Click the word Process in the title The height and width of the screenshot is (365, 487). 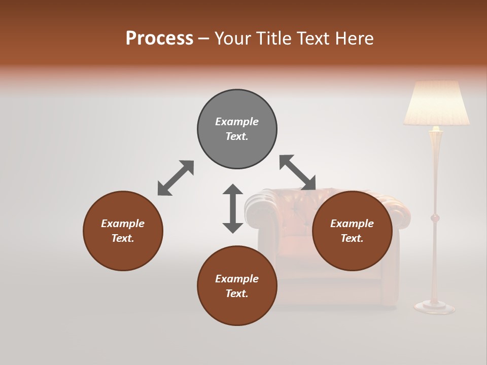(x=159, y=39)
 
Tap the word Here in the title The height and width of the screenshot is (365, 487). (x=355, y=39)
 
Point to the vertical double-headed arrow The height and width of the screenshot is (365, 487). (x=233, y=208)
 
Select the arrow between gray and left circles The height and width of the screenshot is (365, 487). (x=176, y=178)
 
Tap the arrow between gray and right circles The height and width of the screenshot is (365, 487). (x=297, y=173)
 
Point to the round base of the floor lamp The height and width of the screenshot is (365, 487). (x=434, y=306)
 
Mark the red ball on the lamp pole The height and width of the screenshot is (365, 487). (x=435, y=218)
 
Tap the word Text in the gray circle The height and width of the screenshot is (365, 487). (x=236, y=136)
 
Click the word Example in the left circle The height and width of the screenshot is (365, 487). (x=123, y=224)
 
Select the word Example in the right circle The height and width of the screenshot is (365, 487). (x=352, y=224)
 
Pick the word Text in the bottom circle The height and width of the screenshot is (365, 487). (x=236, y=294)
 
